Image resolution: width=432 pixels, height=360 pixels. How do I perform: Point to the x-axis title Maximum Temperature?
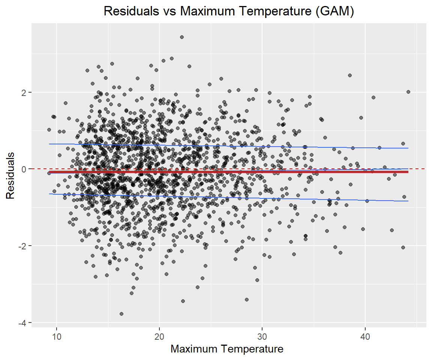[x=227, y=349]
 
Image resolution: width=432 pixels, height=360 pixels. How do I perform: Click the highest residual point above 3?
[x=182, y=37]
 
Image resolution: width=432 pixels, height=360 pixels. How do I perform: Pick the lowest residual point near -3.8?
[x=121, y=314]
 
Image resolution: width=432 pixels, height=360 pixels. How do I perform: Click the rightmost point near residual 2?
[x=408, y=92]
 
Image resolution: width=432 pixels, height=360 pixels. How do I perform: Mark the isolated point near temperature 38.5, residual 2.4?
[x=350, y=75]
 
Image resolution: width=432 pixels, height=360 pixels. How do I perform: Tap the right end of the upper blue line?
[x=408, y=148]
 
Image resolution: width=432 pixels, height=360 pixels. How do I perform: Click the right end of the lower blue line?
[x=408, y=201]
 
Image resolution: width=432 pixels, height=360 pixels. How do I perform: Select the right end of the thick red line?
[x=408, y=172]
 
